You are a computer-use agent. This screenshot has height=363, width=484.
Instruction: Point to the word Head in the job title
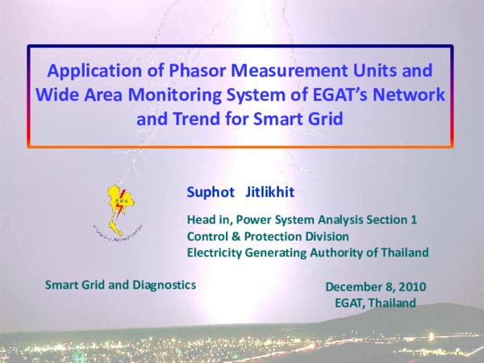pyautogui.click(x=202, y=219)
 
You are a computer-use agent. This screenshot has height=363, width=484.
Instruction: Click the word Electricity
pyautogui.click(x=215, y=252)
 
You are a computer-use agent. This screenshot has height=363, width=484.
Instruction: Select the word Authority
pyautogui.click(x=341, y=252)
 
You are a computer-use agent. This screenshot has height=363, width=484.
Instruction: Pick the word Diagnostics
pyautogui.click(x=162, y=285)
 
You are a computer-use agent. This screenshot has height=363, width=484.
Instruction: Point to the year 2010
pyautogui.click(x=410, y=286)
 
